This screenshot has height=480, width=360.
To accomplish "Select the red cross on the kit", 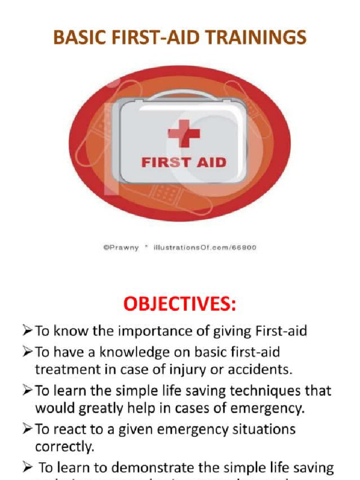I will click(x=184, y=134).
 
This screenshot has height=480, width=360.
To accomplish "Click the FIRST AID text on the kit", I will click(x=184, y=163).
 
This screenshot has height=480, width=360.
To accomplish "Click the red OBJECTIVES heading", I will click(x=180, y=305).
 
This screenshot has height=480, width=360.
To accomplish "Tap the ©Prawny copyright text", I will click(x=121, y=247).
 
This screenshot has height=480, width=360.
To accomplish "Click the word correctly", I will click(x=65, y=447).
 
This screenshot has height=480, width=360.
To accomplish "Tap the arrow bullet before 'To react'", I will click(x=27, y=429).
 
